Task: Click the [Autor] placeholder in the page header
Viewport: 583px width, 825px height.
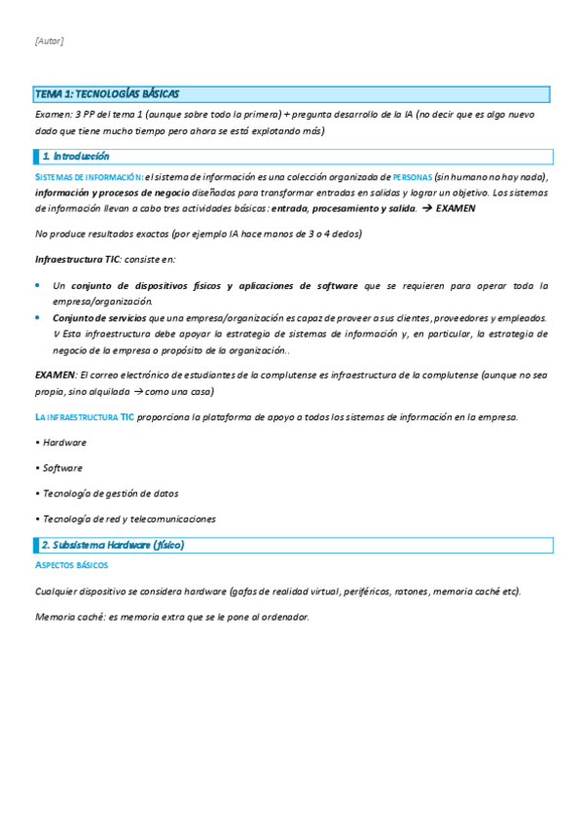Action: (49, 41)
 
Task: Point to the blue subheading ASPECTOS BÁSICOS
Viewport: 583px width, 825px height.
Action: (71, 565)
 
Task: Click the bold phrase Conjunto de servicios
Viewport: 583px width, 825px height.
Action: (99, 318)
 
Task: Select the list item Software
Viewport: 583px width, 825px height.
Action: (62, 468)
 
